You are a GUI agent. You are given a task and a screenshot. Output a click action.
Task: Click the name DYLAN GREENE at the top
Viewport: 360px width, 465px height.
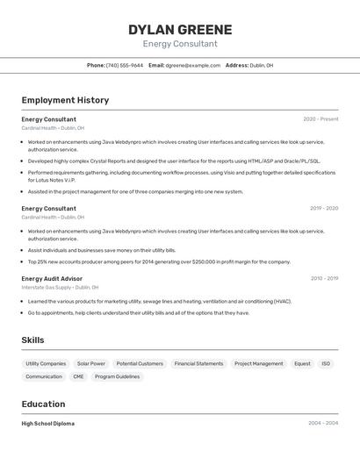180,30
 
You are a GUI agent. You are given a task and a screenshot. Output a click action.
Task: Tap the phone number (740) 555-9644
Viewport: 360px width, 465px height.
125,65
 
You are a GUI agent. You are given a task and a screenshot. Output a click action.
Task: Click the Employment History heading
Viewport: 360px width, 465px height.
65,100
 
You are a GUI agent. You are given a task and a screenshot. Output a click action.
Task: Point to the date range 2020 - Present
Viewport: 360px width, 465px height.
320,118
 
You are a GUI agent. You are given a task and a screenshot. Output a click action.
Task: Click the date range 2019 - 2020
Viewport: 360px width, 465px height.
324,209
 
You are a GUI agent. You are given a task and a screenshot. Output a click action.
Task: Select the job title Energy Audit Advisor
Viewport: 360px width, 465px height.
52,278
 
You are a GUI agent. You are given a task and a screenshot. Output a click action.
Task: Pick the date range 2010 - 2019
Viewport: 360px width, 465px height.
324,278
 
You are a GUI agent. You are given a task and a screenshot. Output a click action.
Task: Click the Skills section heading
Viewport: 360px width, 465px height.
32,340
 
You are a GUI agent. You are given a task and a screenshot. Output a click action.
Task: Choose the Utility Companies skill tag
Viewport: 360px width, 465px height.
46,363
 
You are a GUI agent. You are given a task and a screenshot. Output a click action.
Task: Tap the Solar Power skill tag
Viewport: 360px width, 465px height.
90,363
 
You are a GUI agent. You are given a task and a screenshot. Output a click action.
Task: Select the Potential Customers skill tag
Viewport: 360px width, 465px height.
140,363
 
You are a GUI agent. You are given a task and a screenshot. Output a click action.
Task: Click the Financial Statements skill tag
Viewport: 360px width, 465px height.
198,363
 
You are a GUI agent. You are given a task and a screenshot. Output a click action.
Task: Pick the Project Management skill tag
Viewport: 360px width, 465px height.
258,363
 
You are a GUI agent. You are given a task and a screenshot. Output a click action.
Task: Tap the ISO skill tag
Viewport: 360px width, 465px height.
326,363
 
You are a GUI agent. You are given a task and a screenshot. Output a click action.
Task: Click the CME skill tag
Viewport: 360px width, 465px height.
78,376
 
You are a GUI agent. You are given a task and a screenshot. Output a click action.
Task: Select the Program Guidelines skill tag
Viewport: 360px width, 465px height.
117,376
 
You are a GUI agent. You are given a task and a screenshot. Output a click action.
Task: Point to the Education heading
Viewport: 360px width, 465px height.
43,404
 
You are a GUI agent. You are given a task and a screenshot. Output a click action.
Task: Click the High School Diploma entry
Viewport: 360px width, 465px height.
48,423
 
